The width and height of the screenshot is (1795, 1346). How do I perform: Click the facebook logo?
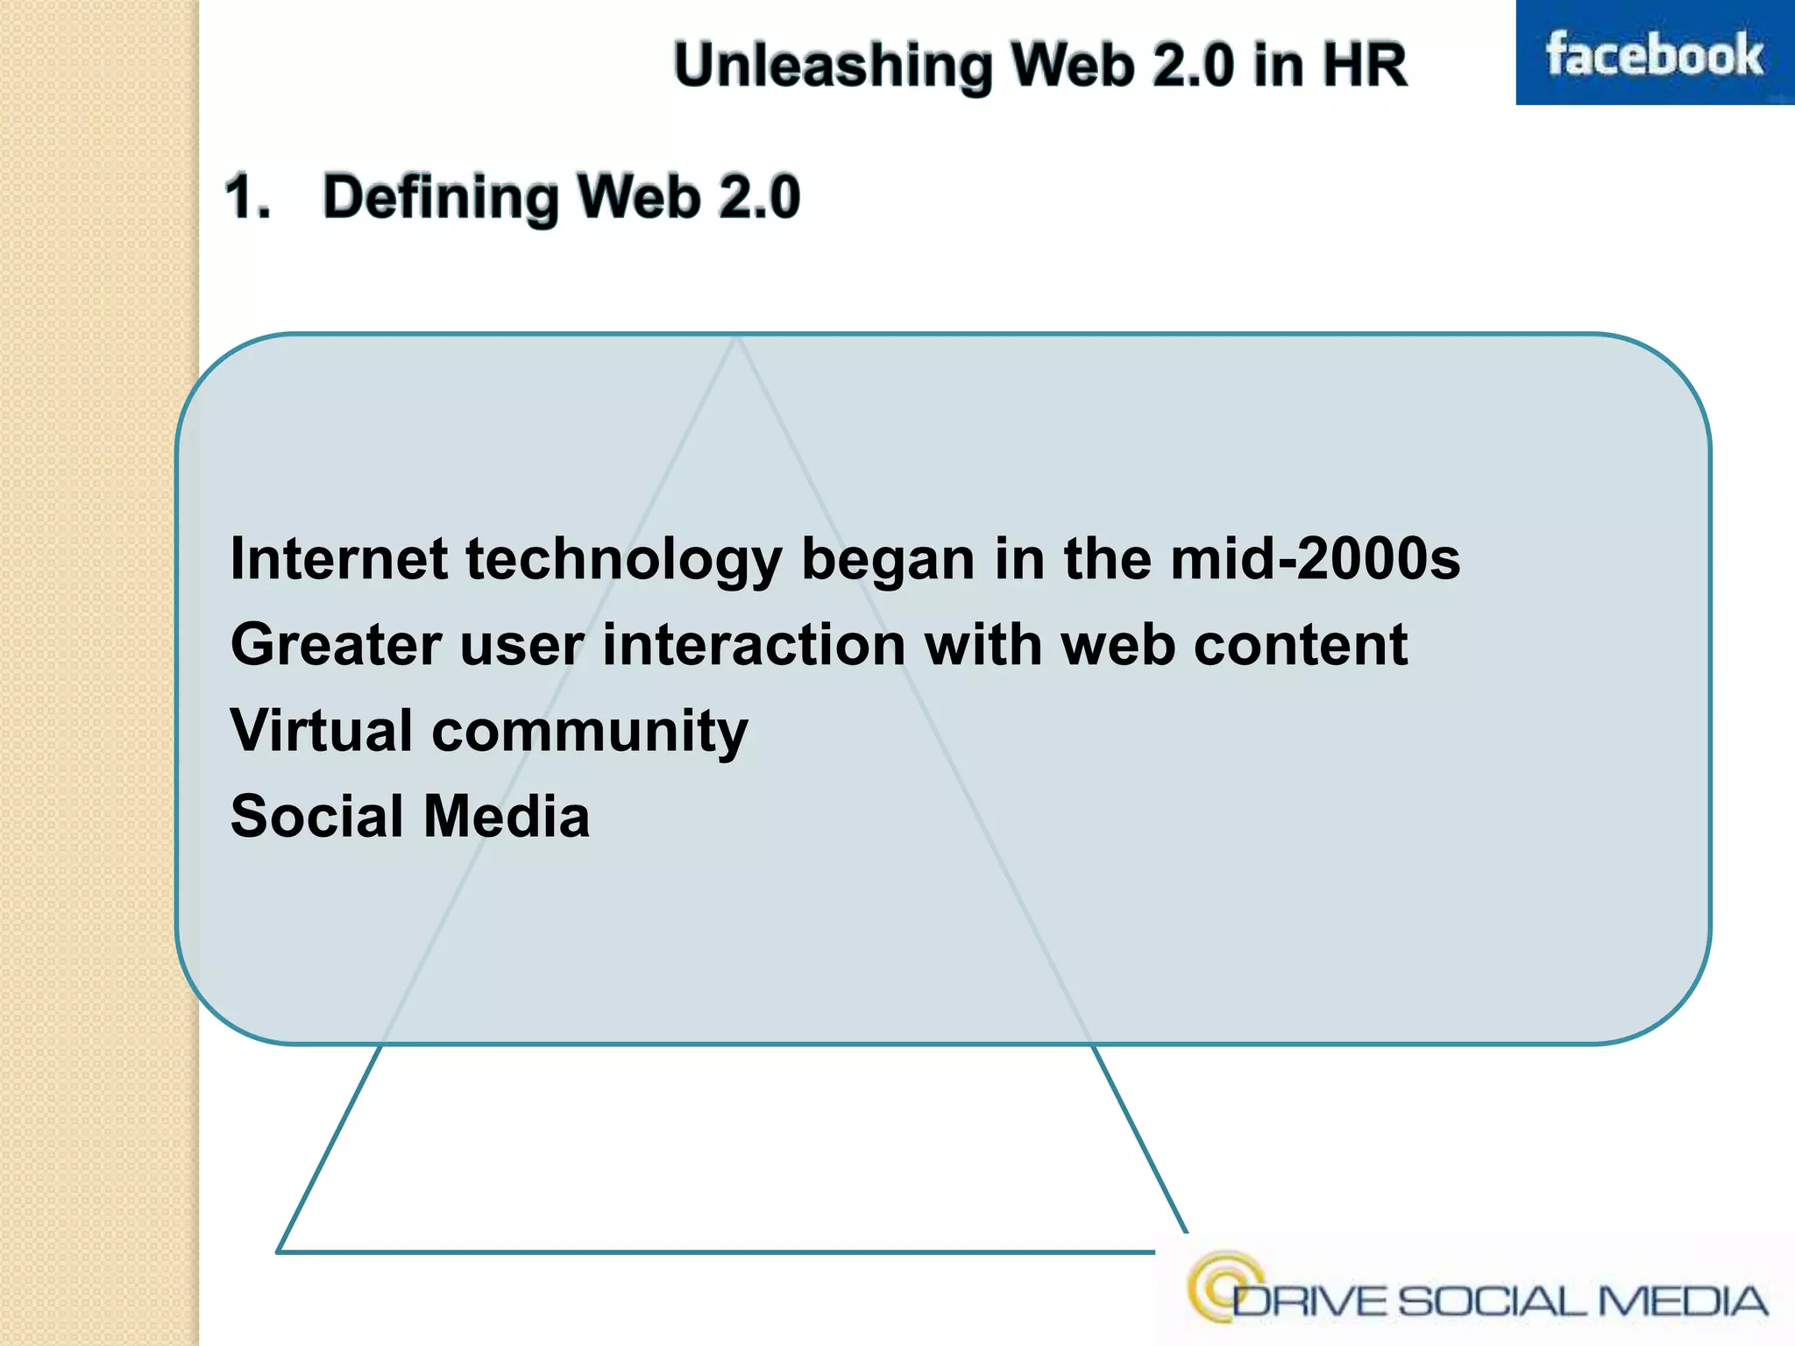tap(1654, 54)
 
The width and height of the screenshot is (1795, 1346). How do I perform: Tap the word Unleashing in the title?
tap(832, 66)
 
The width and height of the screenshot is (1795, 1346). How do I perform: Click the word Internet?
tap(338, 559)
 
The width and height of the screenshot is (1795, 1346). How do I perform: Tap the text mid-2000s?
tap(1315, 559)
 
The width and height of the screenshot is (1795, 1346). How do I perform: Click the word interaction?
tap(754, 645)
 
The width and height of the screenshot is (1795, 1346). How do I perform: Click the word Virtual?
tap(321, 730)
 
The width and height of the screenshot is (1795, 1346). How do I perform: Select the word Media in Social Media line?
tap(507, 817)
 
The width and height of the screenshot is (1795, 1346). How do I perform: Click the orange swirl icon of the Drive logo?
tap(1224, 1285)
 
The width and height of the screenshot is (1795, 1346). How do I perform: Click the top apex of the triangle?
tap(736, 338)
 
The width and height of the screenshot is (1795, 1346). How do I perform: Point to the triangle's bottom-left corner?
tap(279, 1250)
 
